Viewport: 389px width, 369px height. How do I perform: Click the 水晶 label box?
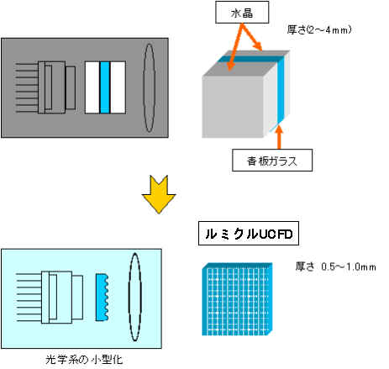pos(242,13)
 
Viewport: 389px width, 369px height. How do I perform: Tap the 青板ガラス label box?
pos(272,161)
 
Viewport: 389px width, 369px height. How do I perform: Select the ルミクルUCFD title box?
pos(249,234)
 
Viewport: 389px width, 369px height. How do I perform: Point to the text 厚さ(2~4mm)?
pos(319,29)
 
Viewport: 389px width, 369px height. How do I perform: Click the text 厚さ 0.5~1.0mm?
pos(336,266)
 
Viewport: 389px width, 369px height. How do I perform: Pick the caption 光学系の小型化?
pos(84,360)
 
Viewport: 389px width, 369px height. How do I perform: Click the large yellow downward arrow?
pos(159,194)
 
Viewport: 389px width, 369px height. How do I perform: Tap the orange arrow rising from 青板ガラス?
pos(279,137)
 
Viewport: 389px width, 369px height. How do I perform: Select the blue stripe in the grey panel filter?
pos(105,87)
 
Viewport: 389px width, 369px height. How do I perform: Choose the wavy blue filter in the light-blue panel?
pos(102,298)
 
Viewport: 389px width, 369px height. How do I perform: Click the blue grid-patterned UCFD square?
pos(237,299)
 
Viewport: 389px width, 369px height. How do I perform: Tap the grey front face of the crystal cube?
pos(233,107)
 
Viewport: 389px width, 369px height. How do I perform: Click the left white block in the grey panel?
pos(92,87)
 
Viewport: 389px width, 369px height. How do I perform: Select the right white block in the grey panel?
pos(118,87)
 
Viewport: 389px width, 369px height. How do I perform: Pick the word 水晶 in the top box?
pos(242,13)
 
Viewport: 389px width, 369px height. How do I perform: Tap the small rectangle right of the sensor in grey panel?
pos(71,87)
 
